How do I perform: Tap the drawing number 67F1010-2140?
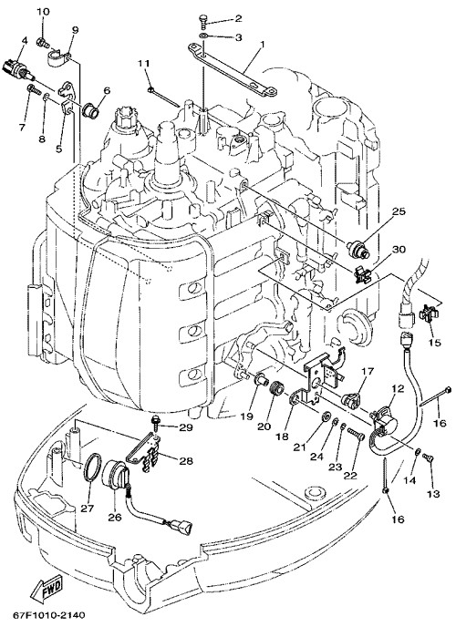point(49,614)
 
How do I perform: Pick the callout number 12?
point(398,388)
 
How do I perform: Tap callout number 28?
point(185,460)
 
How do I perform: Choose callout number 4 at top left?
point(25,40)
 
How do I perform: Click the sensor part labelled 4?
point(19,68)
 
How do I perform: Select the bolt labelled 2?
point(203,20)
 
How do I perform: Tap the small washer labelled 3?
point(203,37)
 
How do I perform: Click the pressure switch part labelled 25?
point(358,249)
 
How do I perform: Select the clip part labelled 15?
point(429,313)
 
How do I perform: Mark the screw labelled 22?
point(356,435)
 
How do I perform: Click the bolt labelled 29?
point(155,421)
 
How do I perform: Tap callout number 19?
point(247,416)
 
